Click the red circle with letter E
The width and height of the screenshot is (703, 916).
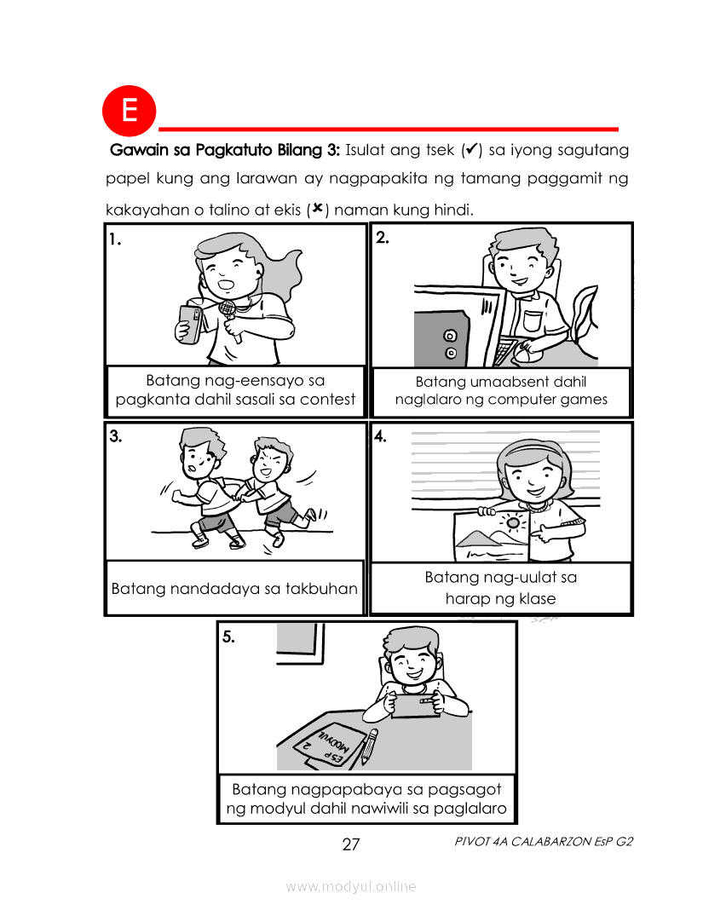[x=130, y=111]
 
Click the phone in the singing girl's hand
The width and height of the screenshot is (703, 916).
[x=191, y=323]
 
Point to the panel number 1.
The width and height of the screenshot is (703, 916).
[x=115, y=239]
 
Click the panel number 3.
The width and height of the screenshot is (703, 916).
[x=116, y=435]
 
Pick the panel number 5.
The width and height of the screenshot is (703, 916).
[x=229, y=637]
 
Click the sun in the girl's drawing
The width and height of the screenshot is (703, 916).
[x=512, y=521]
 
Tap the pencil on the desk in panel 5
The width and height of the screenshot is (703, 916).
[x=369, y=746]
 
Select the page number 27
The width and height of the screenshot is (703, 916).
[x=350, y=844]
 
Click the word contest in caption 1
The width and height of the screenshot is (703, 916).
[x=327, y=399]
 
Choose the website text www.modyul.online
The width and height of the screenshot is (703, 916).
[x=350, y=886]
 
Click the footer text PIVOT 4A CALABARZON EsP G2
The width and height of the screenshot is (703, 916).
[x=544, y=841]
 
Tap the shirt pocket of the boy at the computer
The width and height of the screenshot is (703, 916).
[x=532, y=321]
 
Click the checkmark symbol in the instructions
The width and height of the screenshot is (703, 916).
[x=471, y=150]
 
